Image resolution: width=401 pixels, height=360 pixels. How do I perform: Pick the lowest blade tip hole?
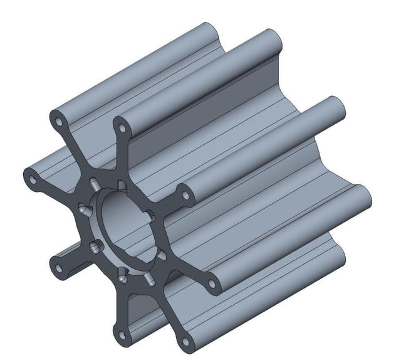pyautogui.click(x=185, y=342)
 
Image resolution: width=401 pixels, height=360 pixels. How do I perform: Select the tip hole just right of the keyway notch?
pyautogui.click(x=182, y=193)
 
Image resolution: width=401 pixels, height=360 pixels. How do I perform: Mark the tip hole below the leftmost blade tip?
pyautogui.click(x=60, y=268)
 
